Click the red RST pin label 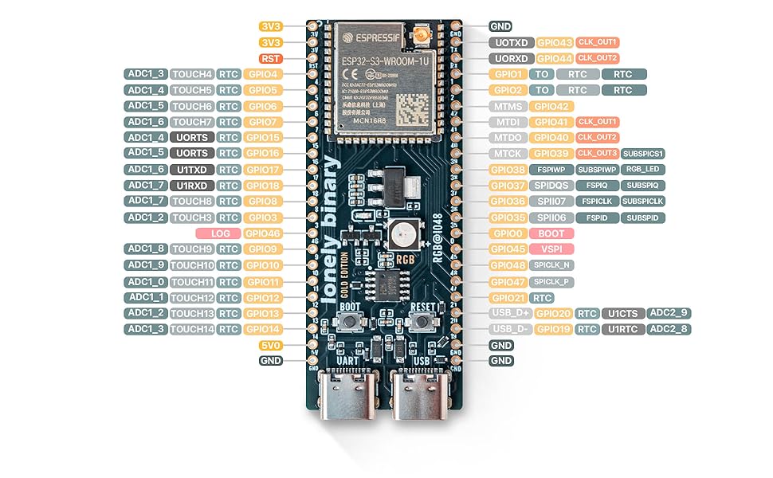click(271, 58)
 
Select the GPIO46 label click(262, 233)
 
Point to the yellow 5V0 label click(271, 345)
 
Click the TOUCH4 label click(192, 74)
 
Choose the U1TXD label click(192, 170)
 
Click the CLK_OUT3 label click(597, 154)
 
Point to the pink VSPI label click(551, 249)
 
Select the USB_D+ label click(510, 313)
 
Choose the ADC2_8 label click(669, 329)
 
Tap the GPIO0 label click(507, 233)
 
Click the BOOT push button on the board click(348, 321)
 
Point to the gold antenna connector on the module click(420, 35)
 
